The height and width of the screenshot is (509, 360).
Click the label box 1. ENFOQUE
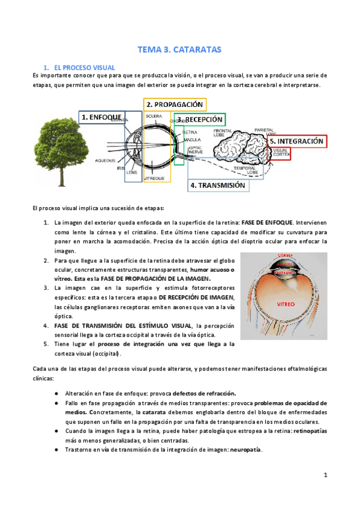pos(102,117)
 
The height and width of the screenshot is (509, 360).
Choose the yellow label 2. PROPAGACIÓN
pos(175,104)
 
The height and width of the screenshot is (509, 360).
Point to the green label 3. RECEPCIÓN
pos(200,119)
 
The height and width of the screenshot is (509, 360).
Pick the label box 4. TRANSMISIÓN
pos(218,186)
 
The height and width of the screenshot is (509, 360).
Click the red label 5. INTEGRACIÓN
pos(296,142)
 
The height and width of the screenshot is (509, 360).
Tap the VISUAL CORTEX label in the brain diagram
pos(281,152)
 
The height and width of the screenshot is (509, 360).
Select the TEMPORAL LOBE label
pos(245,170)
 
